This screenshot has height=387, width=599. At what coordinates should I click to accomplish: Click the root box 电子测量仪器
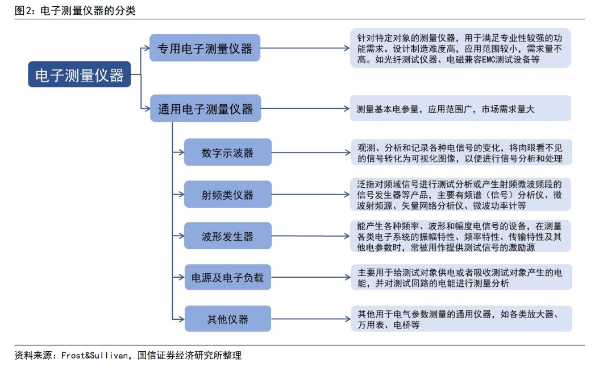80,74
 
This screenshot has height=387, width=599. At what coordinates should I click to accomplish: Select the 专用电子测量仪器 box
205,48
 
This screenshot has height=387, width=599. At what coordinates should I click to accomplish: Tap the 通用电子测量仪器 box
206,108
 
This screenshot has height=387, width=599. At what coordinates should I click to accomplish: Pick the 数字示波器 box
228,152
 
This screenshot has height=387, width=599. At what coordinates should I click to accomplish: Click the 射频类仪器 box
228,194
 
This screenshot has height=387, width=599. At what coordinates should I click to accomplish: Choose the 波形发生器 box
228,236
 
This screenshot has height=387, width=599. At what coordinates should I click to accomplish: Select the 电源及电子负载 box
228,277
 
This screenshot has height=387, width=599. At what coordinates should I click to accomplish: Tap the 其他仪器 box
228,319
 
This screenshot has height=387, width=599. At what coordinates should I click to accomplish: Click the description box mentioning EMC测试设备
460,48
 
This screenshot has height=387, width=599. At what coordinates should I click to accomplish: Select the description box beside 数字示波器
461,152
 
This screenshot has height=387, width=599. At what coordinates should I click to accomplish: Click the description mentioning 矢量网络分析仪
460,194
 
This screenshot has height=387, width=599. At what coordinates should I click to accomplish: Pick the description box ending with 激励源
460,236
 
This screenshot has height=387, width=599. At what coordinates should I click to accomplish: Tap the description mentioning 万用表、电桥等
461,319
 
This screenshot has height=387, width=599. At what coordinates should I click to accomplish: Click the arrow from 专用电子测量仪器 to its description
305,48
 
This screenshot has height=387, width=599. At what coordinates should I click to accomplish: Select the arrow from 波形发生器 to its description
310,236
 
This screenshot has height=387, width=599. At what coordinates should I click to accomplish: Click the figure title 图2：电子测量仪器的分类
75,10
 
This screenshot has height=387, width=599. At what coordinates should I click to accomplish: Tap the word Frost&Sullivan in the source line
94,355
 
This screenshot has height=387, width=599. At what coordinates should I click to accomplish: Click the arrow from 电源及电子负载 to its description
311,277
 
